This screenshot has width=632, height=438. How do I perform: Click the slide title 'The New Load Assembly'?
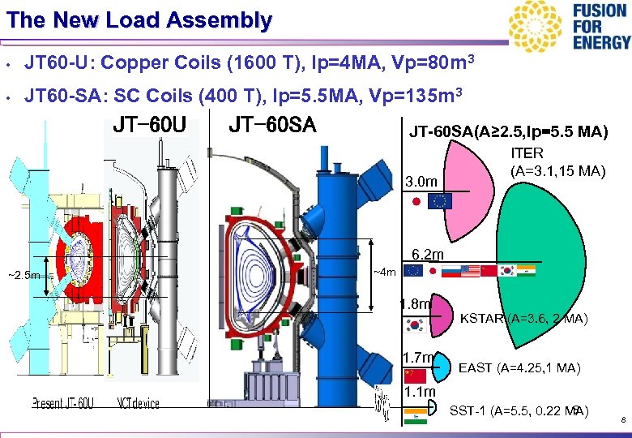pos(139,20)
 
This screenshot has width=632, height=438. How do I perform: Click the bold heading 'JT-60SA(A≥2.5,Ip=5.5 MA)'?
pos(508,132)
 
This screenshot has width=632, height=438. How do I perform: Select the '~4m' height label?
pos(384,273)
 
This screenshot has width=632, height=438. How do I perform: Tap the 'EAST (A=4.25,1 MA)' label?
pos(519,368)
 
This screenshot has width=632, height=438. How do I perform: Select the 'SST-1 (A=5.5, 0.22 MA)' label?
pos(519,409)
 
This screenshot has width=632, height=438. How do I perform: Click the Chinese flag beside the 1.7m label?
pos(415,375)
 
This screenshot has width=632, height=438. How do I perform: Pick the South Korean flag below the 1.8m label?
pos(416,326)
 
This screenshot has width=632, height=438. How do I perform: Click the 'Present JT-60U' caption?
pos(63,403)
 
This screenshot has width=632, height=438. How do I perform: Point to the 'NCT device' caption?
pos(139,403)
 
